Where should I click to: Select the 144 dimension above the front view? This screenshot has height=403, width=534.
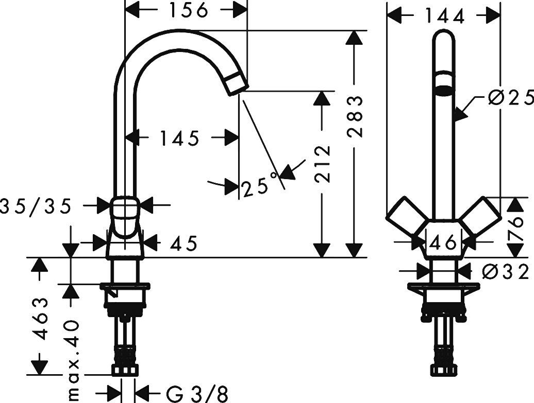coord(445,16)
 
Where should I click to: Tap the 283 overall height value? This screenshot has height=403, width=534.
coord(355,117)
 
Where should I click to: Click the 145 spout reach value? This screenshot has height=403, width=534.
coord(179,138)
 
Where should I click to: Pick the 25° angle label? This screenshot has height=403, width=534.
coord(260,185)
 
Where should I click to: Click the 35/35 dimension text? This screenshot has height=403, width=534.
coord(36,206)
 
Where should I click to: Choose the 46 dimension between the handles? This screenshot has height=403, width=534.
coord(442,243)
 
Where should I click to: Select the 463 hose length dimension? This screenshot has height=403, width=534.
coord(41,319)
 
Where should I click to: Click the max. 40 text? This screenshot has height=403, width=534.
coord(72,360)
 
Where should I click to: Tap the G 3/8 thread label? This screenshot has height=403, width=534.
coord(197,394)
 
